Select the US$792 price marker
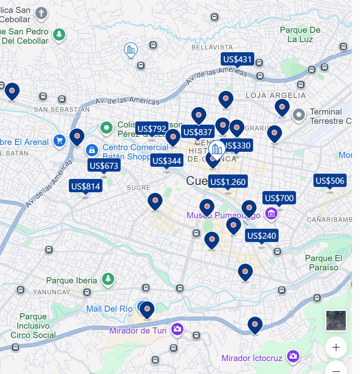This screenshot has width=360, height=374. [151, 129]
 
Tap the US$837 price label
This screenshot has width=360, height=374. [198, 132]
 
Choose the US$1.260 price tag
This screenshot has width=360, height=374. [228, 182]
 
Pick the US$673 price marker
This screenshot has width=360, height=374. [104, 165]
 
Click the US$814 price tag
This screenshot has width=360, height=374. [85, 186]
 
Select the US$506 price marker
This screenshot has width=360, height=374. [330, 181]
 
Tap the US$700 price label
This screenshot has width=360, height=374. [279, 198]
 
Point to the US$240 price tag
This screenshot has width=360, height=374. [262, 236]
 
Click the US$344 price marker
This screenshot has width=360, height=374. [166, 161]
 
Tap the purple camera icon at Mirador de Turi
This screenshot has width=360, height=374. [177, 329]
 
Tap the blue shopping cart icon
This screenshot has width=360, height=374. [60, 141]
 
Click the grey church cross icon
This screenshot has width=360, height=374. [41, 13]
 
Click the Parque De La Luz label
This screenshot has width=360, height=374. [300, 35]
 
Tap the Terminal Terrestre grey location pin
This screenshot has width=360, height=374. [299, 115]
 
